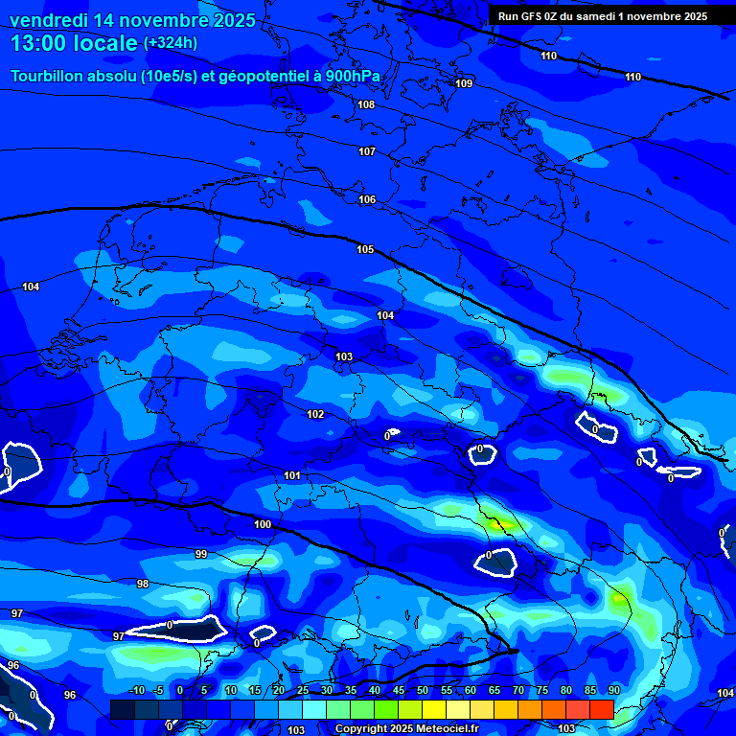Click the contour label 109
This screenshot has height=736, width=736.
(x=464, y=84)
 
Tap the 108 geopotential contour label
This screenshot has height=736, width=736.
(x=366, y=104)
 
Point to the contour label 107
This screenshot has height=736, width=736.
(x=367, y=152)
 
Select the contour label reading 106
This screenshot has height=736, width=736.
(x=367, y=200)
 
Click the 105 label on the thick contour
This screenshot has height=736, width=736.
(x=365, y=249)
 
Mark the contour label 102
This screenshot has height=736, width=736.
(x=315, y=414)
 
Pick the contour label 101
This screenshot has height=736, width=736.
(x=292, y=476)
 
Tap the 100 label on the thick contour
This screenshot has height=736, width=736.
(x=263, y=524)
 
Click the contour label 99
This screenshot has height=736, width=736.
(x=201, y=555)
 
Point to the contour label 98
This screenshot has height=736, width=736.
(x=143, y=584)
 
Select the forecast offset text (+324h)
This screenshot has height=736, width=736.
(x=172, y=43)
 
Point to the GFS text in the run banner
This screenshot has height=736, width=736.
(x=531, y=16)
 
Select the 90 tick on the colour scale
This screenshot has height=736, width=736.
(x=613, y=691)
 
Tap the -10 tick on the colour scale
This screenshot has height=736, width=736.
(x=136, y=691)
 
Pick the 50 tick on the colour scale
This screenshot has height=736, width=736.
(x=423, y=691)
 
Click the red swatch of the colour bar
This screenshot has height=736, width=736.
(x=601, y=709)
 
